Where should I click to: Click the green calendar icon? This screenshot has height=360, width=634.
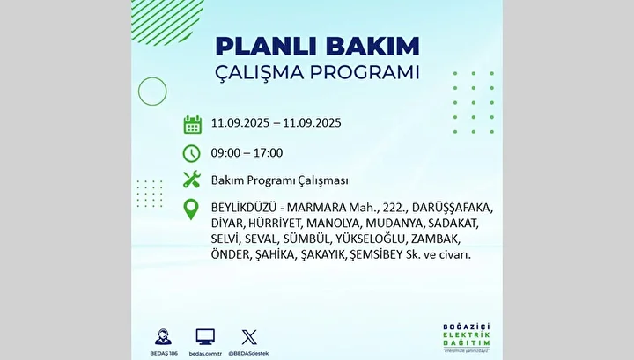click(x=193, y=124)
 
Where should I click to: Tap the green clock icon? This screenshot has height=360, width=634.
click(x=191, y=153)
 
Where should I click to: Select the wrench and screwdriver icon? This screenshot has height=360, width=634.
click(x=192, y=180)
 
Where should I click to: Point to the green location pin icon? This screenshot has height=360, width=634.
click(x=191, y=209)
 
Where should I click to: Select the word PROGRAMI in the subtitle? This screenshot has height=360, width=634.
click(x=365, y=73)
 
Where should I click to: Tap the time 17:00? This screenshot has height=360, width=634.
click(x=268, y=153)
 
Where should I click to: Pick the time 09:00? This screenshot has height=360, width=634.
click(x=225, y=153)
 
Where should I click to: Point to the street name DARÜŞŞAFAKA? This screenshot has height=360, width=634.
click(x=453, y=208)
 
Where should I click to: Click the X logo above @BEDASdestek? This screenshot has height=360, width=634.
click(x=249, y=337)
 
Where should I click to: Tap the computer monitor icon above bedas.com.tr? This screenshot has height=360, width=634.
click(x=205, y=336)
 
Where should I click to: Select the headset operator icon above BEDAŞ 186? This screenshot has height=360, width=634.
click(x=164, y=336)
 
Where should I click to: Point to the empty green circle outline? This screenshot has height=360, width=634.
click(x=138, y=92)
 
